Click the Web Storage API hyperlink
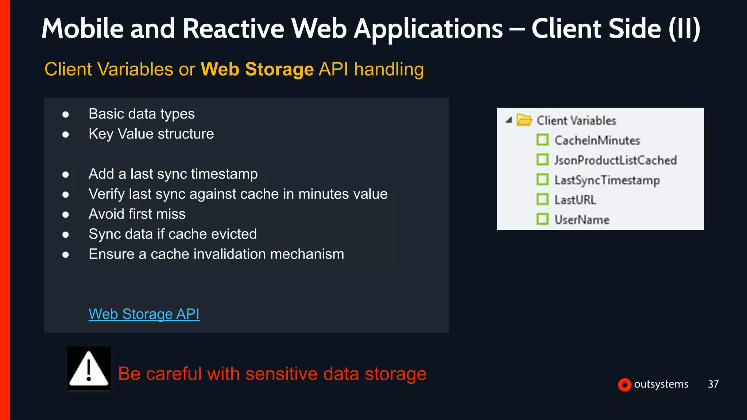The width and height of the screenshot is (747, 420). point(144,314)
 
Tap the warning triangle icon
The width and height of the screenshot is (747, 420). point(89,369)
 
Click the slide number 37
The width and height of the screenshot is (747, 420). point(713,384)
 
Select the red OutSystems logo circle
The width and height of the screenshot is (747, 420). point(624,385)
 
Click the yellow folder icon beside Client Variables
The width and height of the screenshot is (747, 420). point(524,120)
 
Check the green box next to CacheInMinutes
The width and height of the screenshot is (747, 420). point(542,140)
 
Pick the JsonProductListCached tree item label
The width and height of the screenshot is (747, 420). point(615,160)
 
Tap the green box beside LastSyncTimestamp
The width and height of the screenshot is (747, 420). point(542,180)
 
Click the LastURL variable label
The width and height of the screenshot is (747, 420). point(575,200)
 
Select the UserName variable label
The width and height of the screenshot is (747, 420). point(582,219)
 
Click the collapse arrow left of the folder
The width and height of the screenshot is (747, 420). point(509,120)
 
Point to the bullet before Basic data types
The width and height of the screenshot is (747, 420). point(66,115)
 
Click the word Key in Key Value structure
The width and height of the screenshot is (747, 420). point(101,134)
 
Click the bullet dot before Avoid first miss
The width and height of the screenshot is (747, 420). point(66,215)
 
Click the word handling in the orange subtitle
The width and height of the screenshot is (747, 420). point(389,69)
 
